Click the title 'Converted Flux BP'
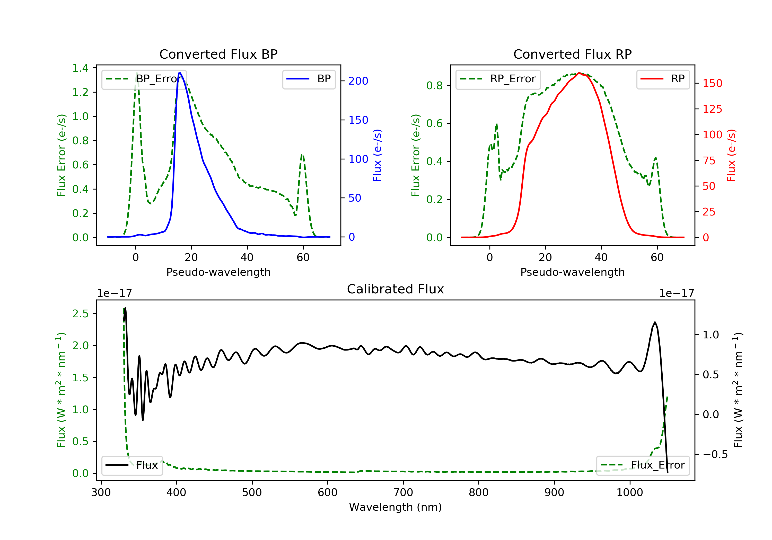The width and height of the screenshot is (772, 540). pos(218,54)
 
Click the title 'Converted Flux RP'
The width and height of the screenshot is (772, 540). pos(573,54)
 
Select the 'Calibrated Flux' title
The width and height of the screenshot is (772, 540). pos(396,289)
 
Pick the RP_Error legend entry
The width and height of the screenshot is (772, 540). pos(498,79)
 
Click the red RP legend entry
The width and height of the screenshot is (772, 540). pos(663,79)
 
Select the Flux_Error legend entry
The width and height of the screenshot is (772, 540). pos(643,465)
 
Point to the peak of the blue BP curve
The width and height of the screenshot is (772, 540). pos(180,73)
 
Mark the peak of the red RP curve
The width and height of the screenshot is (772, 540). pos(579,73)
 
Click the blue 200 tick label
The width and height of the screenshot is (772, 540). pos(358,81)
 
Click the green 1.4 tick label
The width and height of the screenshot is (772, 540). pos(81,68)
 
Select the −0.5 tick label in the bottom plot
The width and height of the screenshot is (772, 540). pos(715,454)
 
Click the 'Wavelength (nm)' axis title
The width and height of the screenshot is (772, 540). pos(396,507)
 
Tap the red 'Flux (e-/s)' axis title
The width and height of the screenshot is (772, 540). pos(731,155)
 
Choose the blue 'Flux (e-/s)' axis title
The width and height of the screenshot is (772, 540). pos(377,155)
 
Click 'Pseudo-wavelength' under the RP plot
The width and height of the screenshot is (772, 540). pos(573,272)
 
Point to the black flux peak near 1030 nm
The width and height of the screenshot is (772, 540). pos(655,322)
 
